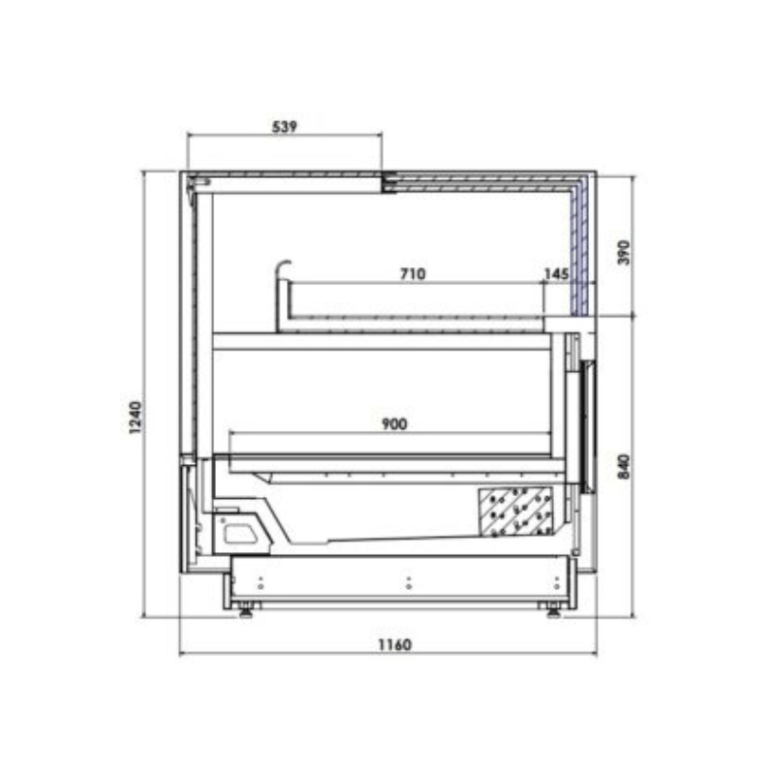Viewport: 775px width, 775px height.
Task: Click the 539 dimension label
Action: (x=285, y=127)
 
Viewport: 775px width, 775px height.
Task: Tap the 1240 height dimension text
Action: (x=135, y=418)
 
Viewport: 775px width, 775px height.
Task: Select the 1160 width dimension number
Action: (x=394, y=645)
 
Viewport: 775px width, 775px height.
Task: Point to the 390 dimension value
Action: (x=624, y=253)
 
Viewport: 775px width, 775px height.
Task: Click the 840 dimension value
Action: (x=624, y=467)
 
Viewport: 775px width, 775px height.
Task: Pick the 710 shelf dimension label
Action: (x=413, y=274)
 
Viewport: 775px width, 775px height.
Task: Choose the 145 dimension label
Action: (x=556, y=274)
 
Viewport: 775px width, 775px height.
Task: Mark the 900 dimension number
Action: (x=394, y=424)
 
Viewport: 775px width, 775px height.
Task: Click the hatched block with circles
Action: (x=514, y=512)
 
